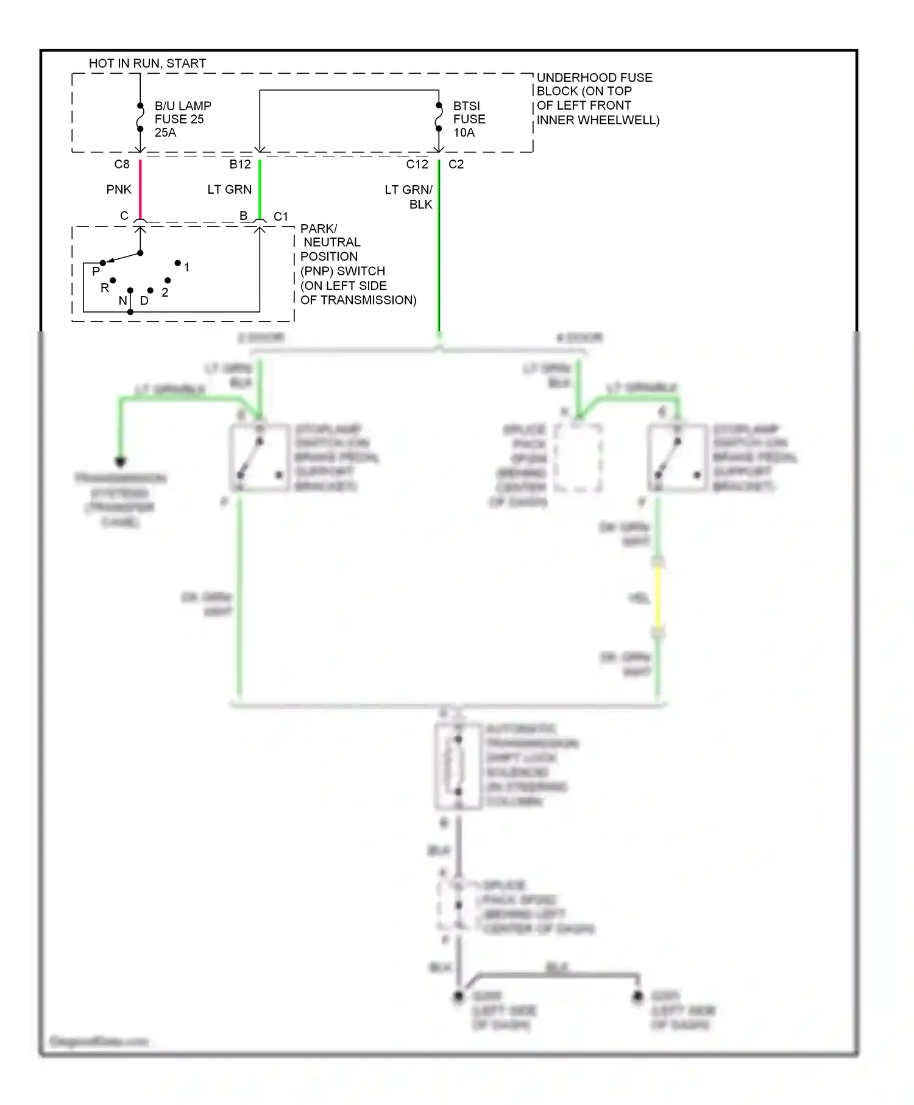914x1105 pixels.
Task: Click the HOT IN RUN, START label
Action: click(147, 63)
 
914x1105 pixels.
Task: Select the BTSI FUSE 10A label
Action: click(469, 119)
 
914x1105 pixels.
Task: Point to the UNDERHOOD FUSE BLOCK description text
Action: click(597, 99)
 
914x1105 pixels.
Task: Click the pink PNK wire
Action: click(140, 189)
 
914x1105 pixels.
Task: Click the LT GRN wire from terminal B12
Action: click(260, 189)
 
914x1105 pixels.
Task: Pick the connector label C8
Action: click(122, 164)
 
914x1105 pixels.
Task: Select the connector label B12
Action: click(240, 164)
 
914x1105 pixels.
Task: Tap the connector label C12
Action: click(417, 164)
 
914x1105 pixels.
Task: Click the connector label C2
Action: click(456, 164)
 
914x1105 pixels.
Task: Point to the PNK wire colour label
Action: click(119, 189)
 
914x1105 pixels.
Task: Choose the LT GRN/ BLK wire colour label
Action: click(409, 197)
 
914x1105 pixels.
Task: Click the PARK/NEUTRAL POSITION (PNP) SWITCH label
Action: click(358, 264)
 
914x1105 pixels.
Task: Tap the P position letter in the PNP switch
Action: click(96, 271)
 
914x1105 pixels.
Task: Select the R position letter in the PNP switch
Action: click(104, 288)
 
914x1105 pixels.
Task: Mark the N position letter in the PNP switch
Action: click(122, 300)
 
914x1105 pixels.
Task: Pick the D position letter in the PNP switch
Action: click(144, 300)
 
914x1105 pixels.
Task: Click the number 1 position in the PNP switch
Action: click(186, 267)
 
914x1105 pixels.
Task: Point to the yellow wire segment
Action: click(658, 597)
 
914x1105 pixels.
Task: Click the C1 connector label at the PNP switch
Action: click(281, 216)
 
